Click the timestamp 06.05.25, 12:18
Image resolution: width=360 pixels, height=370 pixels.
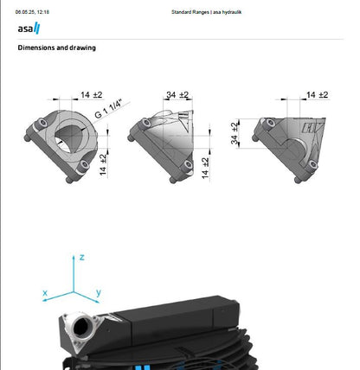pyautogui.click(x=32, y=12)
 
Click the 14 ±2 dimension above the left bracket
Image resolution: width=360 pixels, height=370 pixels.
pyautogui.click(x=93, y=94)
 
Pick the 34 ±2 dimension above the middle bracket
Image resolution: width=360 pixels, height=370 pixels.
pyautogui.click(x=178, y=94)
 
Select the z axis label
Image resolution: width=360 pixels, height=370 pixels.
pyautogui.click(x=80, y=258)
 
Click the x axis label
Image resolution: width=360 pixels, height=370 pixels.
pyautogui.click(x=44, y=294)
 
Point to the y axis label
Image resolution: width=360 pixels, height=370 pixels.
pyautogui.click(x=99, y=293)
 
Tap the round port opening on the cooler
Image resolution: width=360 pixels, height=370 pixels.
pyautogui.click(x=83, y=329)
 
